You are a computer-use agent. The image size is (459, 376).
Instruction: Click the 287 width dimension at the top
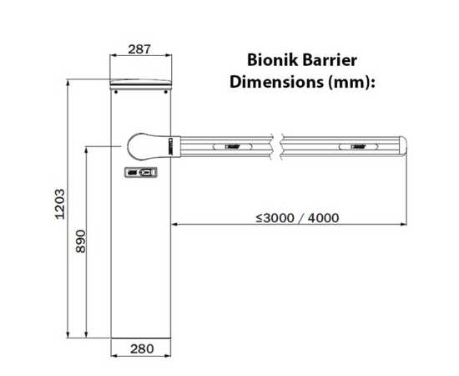141,49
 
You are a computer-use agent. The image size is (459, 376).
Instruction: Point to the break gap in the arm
279,145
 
